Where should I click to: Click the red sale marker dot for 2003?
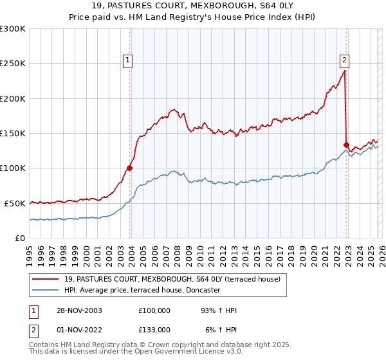pyautogui.click(x=129, y=168)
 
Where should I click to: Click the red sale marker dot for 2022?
pyautogui.click(x=346, y=145)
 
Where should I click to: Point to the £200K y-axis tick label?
pyautogui.click(x=13, y=98)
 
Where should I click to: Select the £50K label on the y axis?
pyautogui.click(x=15, y=203)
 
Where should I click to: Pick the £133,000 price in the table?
pyautogui.click(x=154, y=329)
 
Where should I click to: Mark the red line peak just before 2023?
pyautogui.click(x=345, y=71)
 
